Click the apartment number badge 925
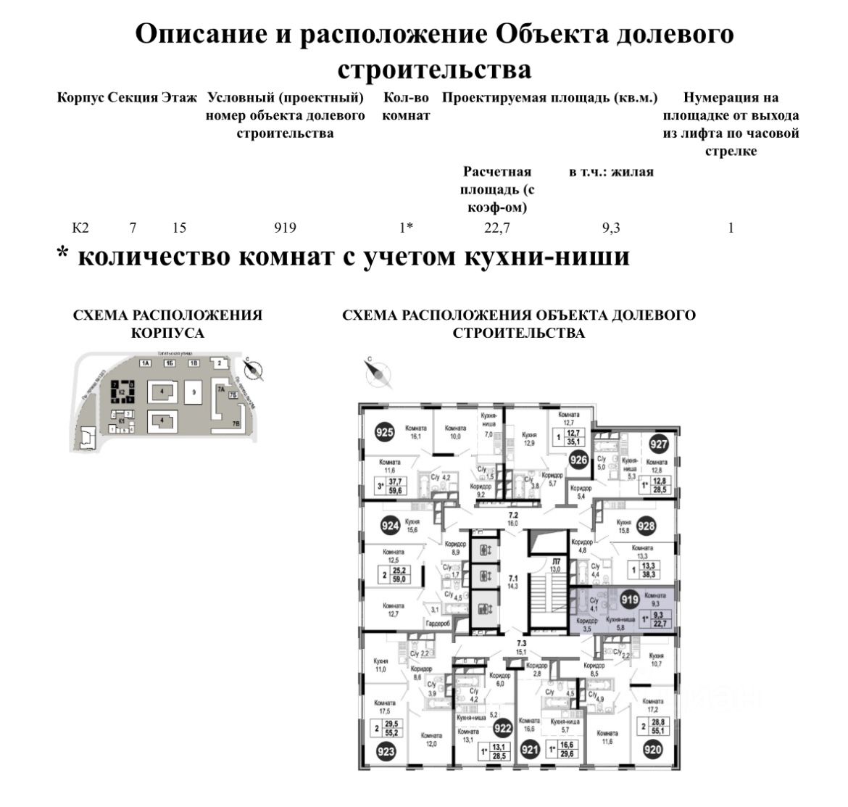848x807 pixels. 385,434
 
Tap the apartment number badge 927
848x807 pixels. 658,444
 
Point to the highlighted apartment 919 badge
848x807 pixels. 629,600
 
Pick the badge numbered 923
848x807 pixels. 386,751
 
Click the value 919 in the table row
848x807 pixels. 285,228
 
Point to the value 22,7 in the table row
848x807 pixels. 496,228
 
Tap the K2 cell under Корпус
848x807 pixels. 80,228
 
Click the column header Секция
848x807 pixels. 133,98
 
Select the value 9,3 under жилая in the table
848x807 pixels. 611,228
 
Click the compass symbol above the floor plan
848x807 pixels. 377,373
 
